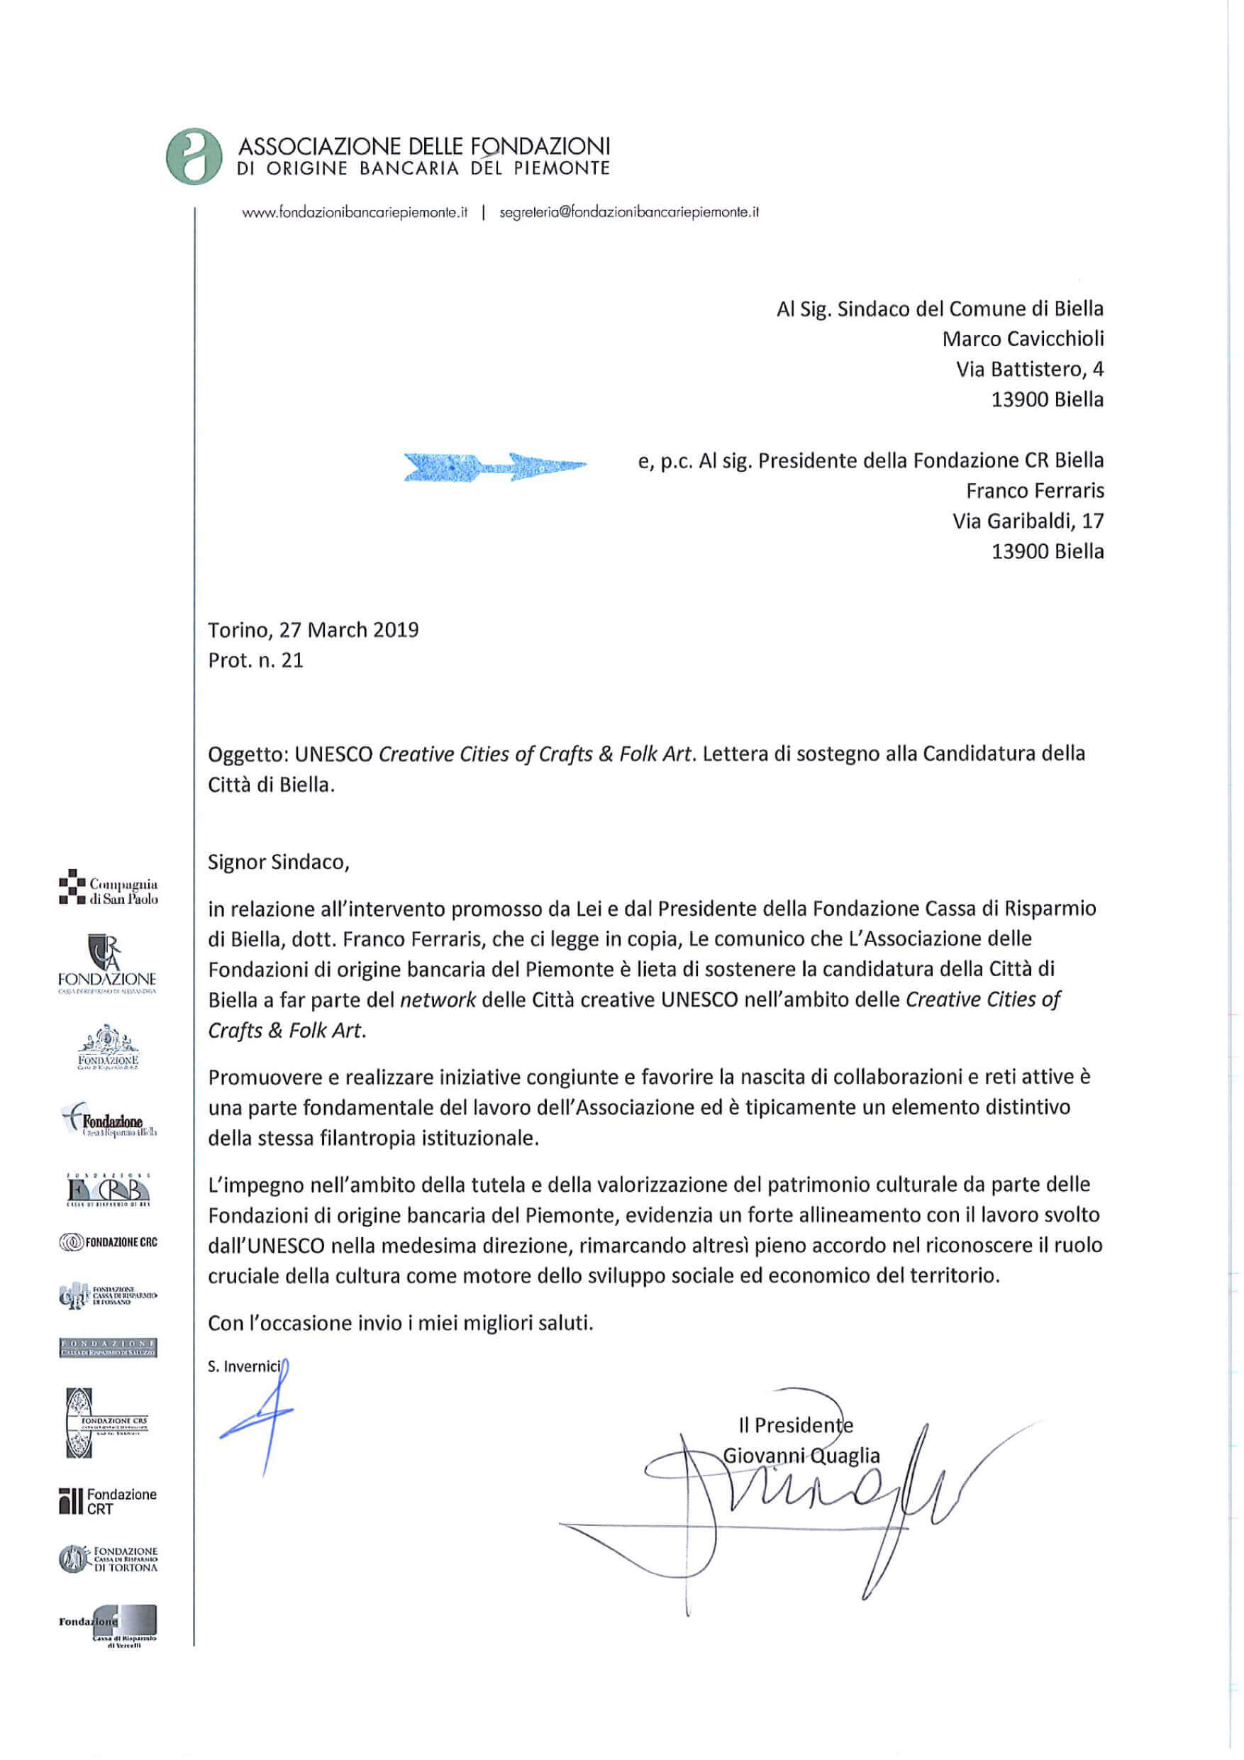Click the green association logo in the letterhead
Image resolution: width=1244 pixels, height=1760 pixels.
[x=194, y=156]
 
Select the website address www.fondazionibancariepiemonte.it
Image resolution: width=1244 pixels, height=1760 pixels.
[x=354, y=213]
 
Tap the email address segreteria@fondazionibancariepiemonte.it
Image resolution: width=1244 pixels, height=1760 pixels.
[x=628, y=213]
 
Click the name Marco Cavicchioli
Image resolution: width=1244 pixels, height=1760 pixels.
[x=1023, y=339]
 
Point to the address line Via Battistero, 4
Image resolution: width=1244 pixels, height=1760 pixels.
[x=1028, y=370]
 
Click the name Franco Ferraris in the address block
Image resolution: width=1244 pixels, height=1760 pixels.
[x=1035, y=491]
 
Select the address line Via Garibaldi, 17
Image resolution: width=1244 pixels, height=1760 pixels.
[x=1027, y=521]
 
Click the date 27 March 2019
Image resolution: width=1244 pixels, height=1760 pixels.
[x=349, y=630]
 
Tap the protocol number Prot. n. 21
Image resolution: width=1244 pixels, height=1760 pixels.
[x=255, y=660]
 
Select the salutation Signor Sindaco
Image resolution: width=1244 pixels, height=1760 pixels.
[x=278, y=863]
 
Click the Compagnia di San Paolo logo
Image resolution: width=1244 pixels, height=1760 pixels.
[x=109, y=891]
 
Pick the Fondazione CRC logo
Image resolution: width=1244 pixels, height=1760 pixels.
[x=108, y=1242]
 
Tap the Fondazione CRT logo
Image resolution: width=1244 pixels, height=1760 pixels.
[x=108, y=1501]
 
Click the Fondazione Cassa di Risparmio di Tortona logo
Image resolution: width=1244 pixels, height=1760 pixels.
[x=108, y=1559]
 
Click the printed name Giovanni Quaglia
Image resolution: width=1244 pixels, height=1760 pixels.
[x=801, y=1456]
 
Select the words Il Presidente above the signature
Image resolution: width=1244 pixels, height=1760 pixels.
[x=796, y=1425]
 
